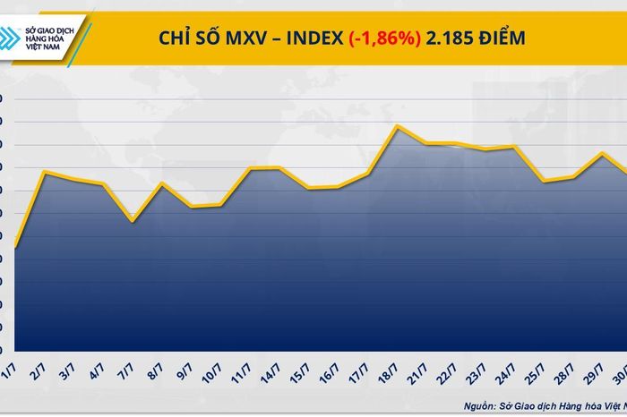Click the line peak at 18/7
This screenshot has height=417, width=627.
click(x=397, y=126)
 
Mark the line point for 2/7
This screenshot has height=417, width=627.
click(x=45, y=172)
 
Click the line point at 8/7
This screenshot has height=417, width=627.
click(x=161, y=183)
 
